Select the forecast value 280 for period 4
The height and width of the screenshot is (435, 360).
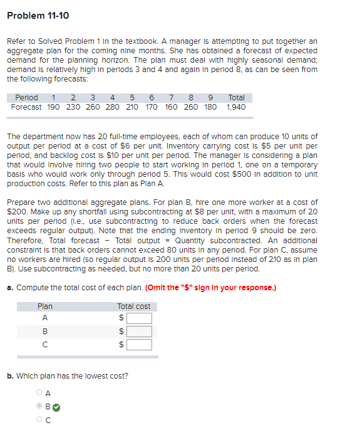click(112, 107)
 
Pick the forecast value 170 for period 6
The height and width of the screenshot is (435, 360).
click(151, 107)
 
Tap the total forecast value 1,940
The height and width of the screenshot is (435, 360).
click(236, 107)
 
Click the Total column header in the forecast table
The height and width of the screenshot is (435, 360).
click(236, 98)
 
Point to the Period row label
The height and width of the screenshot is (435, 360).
click(26, 98)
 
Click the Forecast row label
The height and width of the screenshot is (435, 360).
click(26, 107)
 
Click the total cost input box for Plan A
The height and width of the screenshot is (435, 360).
click(139, 318)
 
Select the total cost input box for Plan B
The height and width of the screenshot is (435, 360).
click(139, 331)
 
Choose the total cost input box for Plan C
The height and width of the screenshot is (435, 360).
click(139, 344)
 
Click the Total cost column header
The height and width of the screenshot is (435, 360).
click(133, 307)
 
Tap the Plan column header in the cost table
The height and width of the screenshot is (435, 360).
click(45, 307)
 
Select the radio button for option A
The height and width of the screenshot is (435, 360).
click(39, 393)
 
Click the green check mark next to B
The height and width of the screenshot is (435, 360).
click(56, 406)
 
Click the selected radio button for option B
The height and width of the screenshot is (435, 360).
click(39, 406)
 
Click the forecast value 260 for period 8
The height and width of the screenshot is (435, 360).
click(191, 107)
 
